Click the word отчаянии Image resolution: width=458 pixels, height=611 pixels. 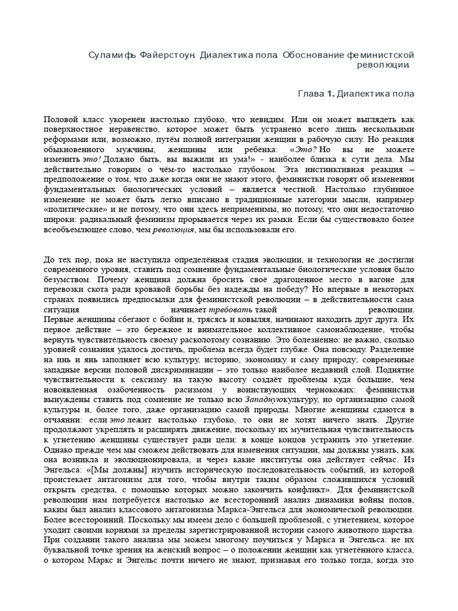(63, 420)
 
